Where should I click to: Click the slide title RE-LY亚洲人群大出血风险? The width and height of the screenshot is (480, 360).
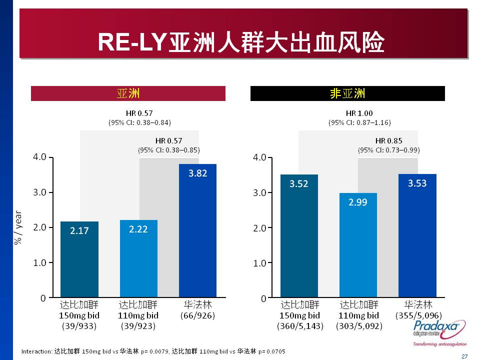click(241, 42)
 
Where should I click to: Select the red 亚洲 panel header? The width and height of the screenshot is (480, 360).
click(128, 93)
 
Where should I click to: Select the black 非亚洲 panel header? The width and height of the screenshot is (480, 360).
click(347, 93)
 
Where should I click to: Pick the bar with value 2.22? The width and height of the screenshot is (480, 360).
click(138, 258)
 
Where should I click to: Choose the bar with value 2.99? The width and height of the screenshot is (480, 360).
click(358, 245)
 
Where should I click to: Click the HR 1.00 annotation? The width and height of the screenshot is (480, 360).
click(359, 113)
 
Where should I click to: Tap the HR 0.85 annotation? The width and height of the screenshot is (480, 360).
click(388, 140)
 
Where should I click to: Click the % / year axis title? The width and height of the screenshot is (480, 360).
click(18, 227)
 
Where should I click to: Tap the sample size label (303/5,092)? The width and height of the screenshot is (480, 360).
click(358, 326)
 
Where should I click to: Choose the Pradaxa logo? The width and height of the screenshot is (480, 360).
click(439, 332)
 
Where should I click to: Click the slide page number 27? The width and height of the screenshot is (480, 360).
click(464, 356)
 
